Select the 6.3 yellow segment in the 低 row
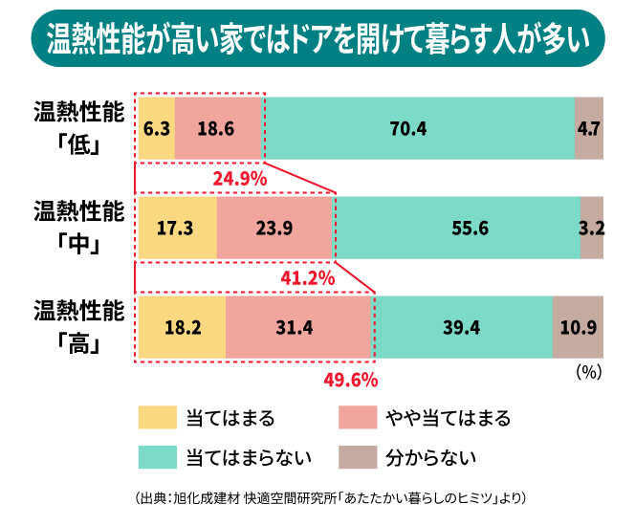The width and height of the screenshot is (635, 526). point(156,128)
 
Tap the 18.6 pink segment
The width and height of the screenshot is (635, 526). point(218,128)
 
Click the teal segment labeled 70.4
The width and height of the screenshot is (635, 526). point(418,128)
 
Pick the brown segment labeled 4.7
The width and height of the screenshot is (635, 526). point(589,128)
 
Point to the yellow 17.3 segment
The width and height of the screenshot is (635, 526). point(178,228)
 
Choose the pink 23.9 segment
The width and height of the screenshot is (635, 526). point(274,228)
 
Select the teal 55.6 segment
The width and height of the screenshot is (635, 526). point(457,228)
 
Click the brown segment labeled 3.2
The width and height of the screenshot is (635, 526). point(592,228)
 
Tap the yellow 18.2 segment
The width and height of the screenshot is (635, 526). point(182,327)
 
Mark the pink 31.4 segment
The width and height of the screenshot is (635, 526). point(298,327)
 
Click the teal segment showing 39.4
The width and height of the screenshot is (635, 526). point(461,327)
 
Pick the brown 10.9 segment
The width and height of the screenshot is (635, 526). point(578,327)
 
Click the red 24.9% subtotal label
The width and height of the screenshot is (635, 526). point(239,178)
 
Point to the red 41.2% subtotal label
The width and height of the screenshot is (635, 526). point(307,278)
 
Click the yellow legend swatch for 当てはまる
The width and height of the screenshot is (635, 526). point(158,418)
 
